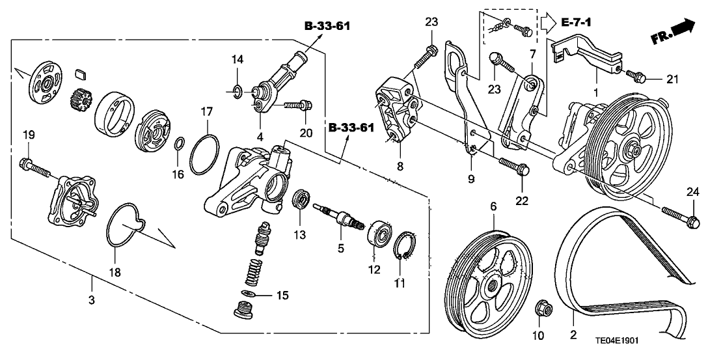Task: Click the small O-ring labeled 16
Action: (x=179, y=143)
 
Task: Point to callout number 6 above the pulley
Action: (x=493, y=206)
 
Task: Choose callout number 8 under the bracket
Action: (x=400, y=167)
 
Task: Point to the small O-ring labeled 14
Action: (x=239, y=90)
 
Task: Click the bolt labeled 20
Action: (x=301, y=104)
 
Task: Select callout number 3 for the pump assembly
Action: (x=92, y=300)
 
